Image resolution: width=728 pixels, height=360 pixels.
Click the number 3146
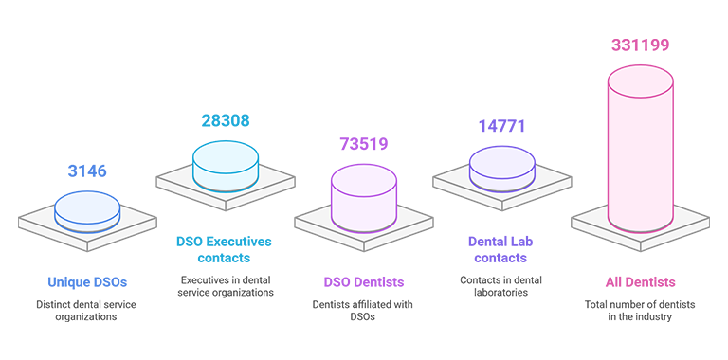87,171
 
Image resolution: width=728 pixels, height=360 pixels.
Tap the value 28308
226,120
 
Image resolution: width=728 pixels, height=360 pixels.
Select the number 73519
364,144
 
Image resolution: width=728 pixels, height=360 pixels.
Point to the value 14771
501,126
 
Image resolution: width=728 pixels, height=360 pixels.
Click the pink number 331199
640,45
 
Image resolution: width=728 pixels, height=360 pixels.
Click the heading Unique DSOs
87,282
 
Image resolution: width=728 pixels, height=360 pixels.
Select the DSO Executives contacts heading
224,249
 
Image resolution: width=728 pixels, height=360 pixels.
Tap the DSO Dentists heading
364,282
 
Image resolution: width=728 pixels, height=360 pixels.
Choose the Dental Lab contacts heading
500,249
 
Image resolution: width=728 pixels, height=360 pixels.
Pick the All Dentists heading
640,282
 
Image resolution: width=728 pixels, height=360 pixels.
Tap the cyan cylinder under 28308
226,165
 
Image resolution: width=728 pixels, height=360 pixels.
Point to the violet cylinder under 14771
501,169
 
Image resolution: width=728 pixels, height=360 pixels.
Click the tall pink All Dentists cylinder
640,149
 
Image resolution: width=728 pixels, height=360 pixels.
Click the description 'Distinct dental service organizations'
86,311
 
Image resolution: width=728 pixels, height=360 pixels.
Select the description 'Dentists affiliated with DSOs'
363,311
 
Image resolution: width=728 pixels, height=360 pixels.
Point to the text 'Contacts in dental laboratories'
500,286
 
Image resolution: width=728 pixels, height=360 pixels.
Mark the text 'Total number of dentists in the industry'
640,311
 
